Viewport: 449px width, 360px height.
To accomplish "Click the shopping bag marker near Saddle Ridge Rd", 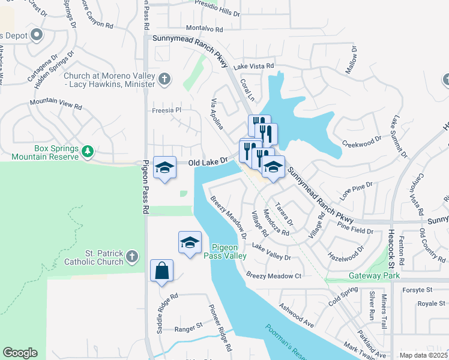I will pyautogui.click(x=162, y=271).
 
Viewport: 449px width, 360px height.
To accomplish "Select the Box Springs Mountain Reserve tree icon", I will pyautogui.click(x=88, y=151).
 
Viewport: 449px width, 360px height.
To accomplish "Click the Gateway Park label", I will pyautogui.click(x=375, y=276).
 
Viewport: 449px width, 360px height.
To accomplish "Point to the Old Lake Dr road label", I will pyautogui.click(x=208, y=162).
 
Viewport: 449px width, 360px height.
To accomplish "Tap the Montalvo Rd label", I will pyautogui.click(x=204, y=29).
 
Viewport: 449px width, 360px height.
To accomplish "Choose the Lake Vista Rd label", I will pyautogui.click(x=254, y=66).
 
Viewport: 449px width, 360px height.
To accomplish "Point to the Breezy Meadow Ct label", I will pyautogui.click(x=273, y=275).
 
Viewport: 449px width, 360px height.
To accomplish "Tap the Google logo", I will pyautogui.click(x=20, y=353).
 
